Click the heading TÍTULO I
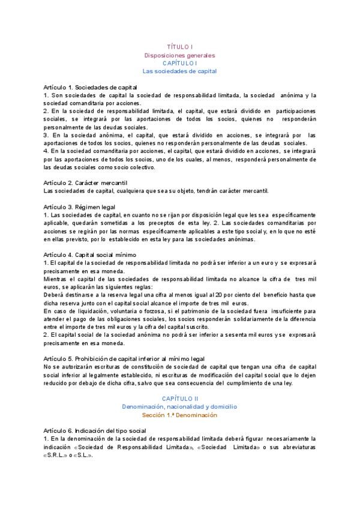(179, 47)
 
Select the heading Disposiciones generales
(179, 55)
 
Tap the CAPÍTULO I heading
(179, 62)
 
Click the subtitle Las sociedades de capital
(179, 71)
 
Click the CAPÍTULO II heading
(179, 399)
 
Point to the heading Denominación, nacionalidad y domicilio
(179, 406)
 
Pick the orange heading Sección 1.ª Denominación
(179, 415)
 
